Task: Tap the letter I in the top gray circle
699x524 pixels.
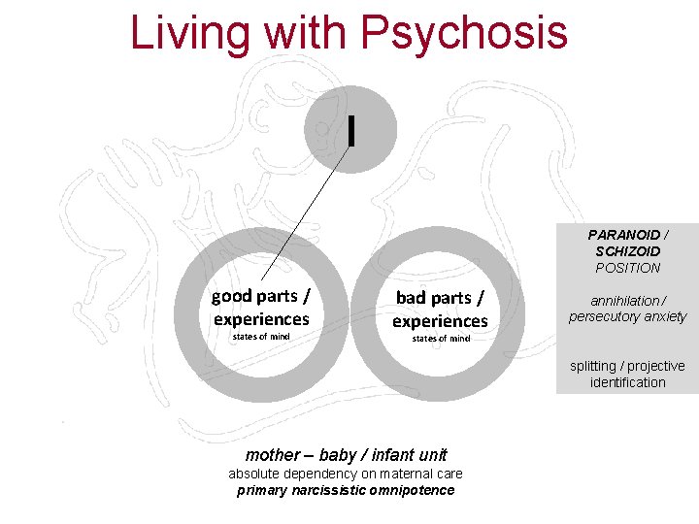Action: point(351,129)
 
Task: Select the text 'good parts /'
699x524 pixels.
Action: point(261,296)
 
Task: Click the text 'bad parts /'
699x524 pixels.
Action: point(440,298)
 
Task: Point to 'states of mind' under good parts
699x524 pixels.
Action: point(261,337)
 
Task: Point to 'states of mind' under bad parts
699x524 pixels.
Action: point(441,339)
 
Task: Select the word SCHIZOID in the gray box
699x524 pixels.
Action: point(627,251)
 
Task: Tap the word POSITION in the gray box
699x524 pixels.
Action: point(627,268)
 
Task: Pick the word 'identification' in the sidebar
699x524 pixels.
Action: point(627,382)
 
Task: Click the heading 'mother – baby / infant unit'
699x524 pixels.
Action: point(346,454)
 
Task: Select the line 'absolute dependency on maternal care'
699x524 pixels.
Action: point(346,474)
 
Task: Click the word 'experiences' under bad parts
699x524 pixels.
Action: point(440,320)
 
